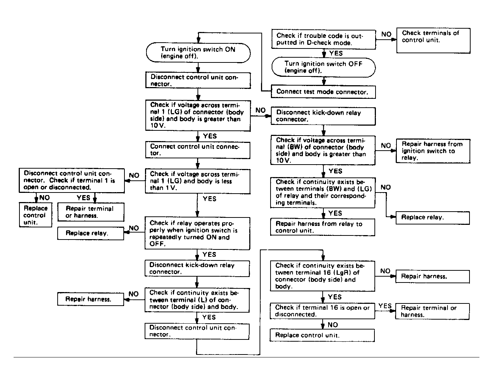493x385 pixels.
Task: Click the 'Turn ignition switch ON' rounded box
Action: (x=198, y=53)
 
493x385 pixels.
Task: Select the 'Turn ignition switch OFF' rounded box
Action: (x=323, y=67)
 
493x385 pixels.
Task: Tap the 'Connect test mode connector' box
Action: (x=323, y=92)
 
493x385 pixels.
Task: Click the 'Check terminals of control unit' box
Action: (x=433, y=40)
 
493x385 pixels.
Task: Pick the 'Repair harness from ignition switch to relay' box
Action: (x=433, y=151)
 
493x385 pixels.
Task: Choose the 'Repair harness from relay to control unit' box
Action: (x=323, y=227)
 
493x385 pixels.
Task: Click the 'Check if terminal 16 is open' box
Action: (x=322, y=311)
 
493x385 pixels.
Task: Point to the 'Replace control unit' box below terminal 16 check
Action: (x=322, y=335)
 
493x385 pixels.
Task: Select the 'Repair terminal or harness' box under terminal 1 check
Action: (x=91, y=212)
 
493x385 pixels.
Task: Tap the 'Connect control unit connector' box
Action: (x=197, y=150)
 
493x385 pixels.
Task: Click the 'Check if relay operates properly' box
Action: (x=197, y=234)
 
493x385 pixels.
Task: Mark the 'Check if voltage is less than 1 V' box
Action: (x=197, y=181)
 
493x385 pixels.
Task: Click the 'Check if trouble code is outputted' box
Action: (x=323, y=39)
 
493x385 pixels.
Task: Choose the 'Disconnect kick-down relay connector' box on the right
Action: (x=323, y=116)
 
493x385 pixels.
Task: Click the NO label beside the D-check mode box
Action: (x=386, y=34)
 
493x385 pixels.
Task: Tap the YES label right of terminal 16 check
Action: (x=385, y=306)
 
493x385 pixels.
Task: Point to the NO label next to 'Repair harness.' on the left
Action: (x=134, y=294)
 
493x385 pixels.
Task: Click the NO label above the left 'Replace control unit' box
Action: (x=44, y=198)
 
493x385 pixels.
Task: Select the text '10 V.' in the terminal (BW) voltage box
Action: (x=283, y=161)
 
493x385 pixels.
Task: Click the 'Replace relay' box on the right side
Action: (x=432, y=217)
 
